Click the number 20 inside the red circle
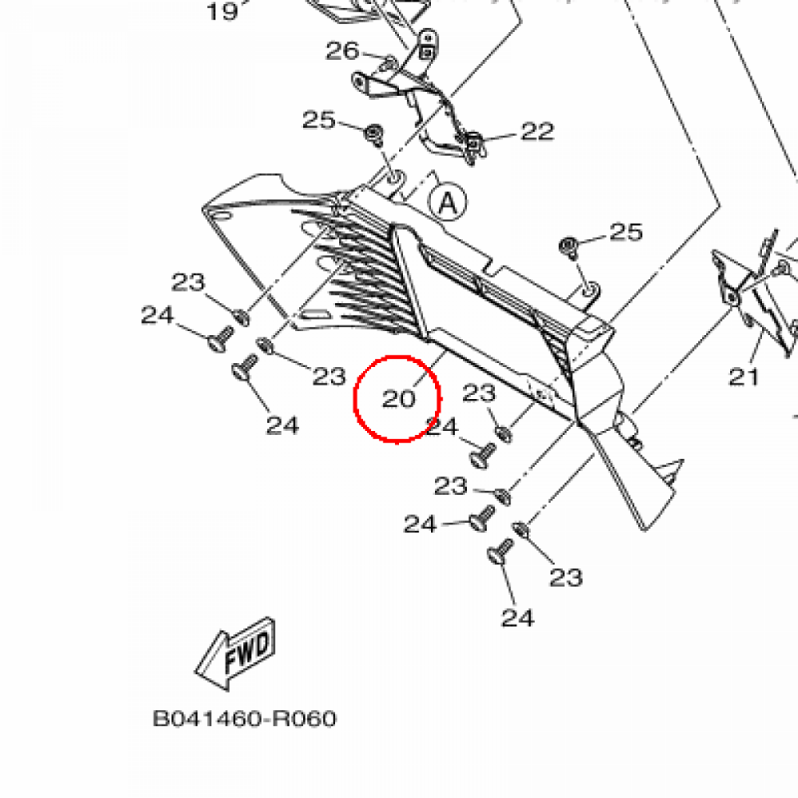pyautogui.click(x=398, y=399)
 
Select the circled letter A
pyautogui.click(x=447, y=203)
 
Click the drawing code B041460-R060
pyautogui.click(x=245, y=718)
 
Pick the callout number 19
pyautogui.click(x=221, y=12)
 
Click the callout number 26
pyautogui.click(x=343, y=51)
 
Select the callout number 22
pyautogui.click(x=537, y=132)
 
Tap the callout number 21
pyautogui.click(x=744, y=377)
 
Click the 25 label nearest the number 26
pyautogui.click(x=319, y=121)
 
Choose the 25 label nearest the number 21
pyautogui.click(x=627, y=231)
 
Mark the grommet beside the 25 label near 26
pyautogui.click(x=373, y=132)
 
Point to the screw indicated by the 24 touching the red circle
pyautogui.click(x=482, y=453)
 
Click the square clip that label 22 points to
pyautogui.click(x=473, y=143)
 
